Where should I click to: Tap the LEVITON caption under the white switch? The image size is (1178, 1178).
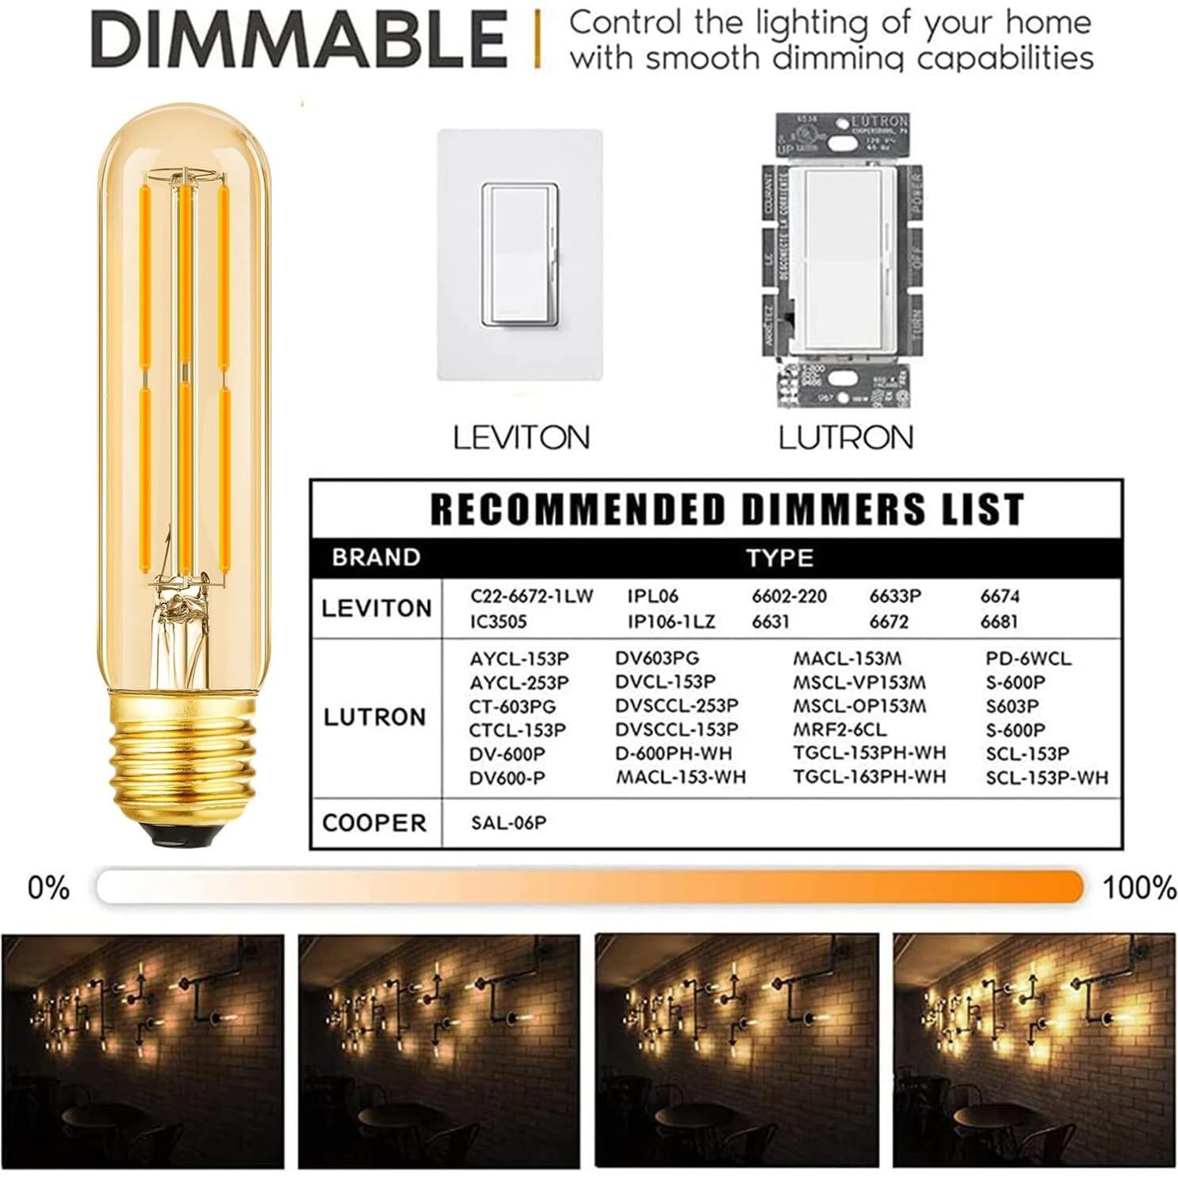(x=521, y=438)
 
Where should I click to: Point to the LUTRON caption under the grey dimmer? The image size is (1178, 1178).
(x=846, y=438)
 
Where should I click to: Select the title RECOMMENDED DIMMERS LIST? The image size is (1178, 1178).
(x=726, y=510)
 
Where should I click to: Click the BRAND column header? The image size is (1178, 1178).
(x=376, y=557)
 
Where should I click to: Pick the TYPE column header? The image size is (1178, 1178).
(x=780, y=558)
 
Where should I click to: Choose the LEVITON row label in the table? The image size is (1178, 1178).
(x=377, y=609)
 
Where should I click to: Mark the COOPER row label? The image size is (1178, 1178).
(x=374, y=823)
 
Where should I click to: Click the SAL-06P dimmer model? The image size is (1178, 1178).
(x=508, y=823)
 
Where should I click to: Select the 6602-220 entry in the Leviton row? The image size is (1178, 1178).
(x=789, y=596)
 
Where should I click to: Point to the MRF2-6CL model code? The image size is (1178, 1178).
(x=840, y=729)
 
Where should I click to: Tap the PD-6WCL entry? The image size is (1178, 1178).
(x=1028, y=659)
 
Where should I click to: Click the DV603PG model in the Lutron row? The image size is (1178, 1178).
(x=657, y=658)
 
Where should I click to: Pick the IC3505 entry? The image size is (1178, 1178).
(x=498, y=622)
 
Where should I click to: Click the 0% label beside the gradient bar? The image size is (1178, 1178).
(x=48, y=888)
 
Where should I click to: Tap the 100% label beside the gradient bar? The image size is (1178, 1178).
(x=1139, y=888)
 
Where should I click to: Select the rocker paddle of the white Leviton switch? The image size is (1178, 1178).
(x=520, y=252)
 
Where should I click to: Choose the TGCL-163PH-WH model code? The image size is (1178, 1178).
(x=870, y=777)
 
